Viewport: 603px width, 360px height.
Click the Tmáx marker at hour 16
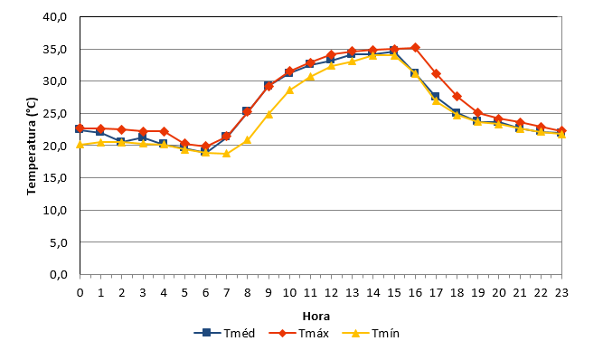[x=415, y=48]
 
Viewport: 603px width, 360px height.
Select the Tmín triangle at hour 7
[x=226, y=154]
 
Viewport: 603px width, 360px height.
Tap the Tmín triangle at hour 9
[x=269, y=114]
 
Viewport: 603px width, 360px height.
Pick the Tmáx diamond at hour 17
[x=436, y=73]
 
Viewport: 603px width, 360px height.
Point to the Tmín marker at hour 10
[x=289, y=90]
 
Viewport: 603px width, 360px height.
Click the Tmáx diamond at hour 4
[x=164, y=131]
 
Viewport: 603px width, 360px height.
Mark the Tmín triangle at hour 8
[x=248, y=140]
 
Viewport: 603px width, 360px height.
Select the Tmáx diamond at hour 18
[x=457, y=96]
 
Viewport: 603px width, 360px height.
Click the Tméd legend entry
[x=224, y=333]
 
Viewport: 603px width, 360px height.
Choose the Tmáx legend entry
[x=299, y=333]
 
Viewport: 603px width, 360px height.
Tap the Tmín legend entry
[x=371, y=333]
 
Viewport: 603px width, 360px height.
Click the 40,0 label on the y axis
[x=55, y=17]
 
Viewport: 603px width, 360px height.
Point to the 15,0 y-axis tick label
[x=55, y=177]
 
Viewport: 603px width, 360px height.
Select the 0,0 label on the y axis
[x=59, y=275]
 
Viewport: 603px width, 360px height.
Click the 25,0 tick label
[x=55, y=113]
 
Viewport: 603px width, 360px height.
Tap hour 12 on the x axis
[x=331, y=293]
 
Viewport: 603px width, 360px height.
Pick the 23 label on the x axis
[x=561, y=293]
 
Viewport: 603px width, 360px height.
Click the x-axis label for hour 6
[x=205, y=293]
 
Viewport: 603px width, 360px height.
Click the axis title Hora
[x=316, y=317]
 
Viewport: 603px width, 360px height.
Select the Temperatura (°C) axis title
[x=32, y=147]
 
